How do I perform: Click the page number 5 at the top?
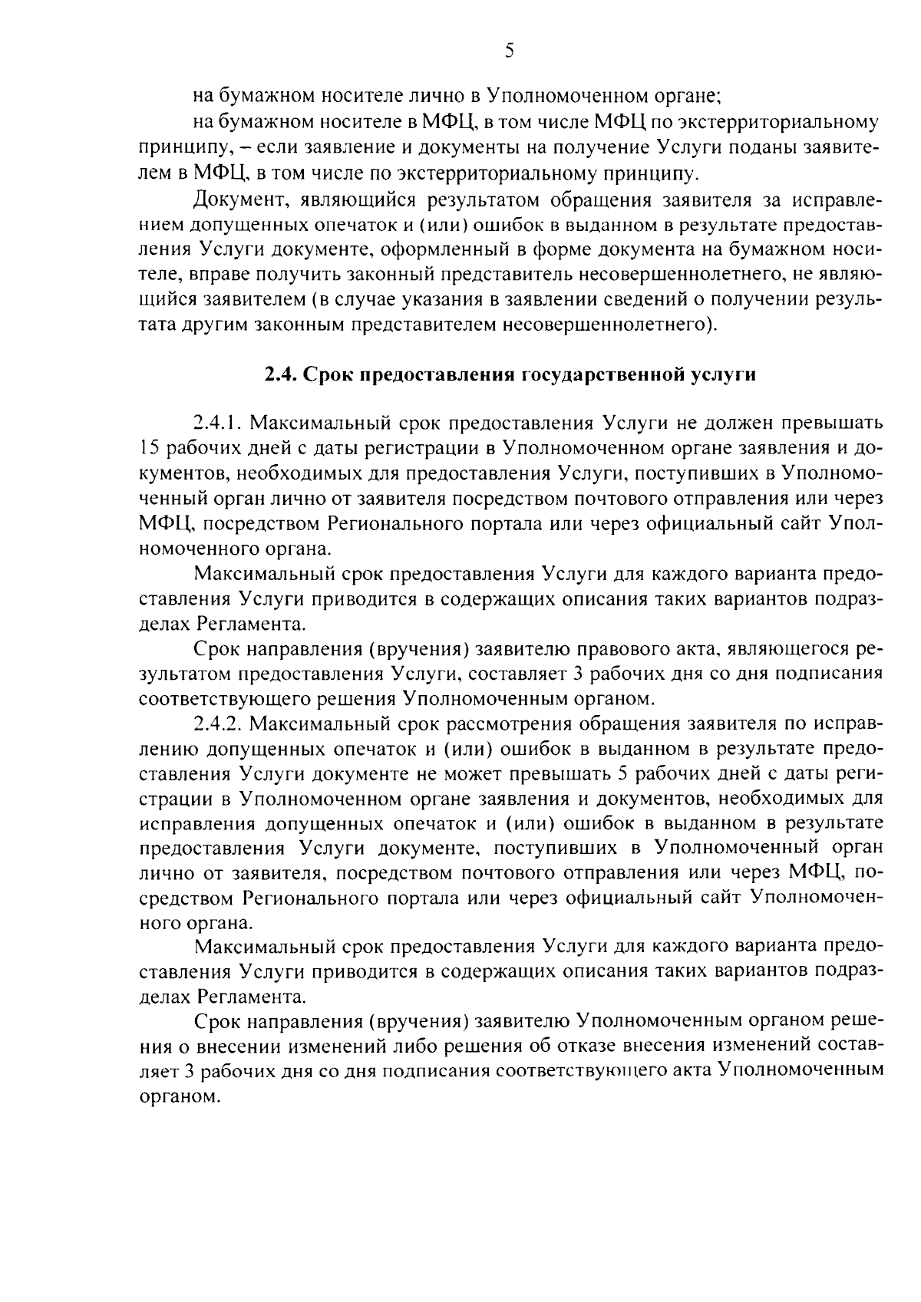(x=509, y=51)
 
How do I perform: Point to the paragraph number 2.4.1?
(x=218, y=424)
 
